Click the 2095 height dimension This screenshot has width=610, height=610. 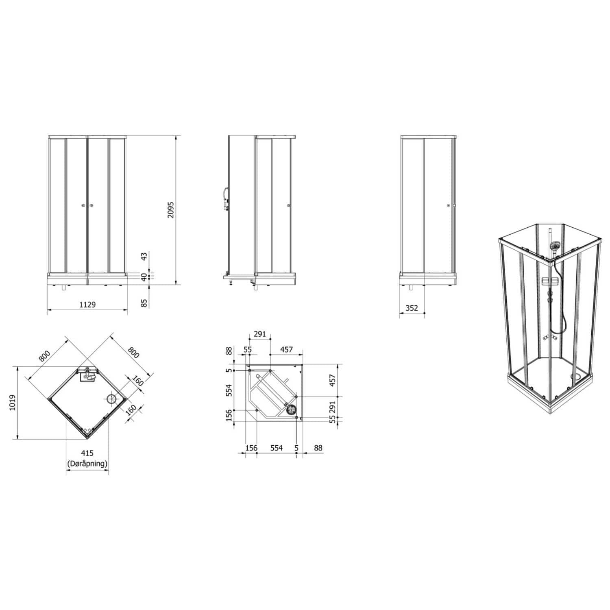click(x=171, y=209)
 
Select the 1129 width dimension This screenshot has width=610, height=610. click(x=87, y=304)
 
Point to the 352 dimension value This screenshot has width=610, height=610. click(x=412, y=308)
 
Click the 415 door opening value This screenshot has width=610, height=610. click(x=87, y=453)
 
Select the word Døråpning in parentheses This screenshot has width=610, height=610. click(x=87, y=463)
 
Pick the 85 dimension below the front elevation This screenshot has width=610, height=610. click(x=144, y=303)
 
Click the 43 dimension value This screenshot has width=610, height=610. click(x=144, y=257)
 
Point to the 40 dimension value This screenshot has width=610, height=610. click(x=144, y=277)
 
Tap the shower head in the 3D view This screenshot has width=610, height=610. click(x=554, y=246)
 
